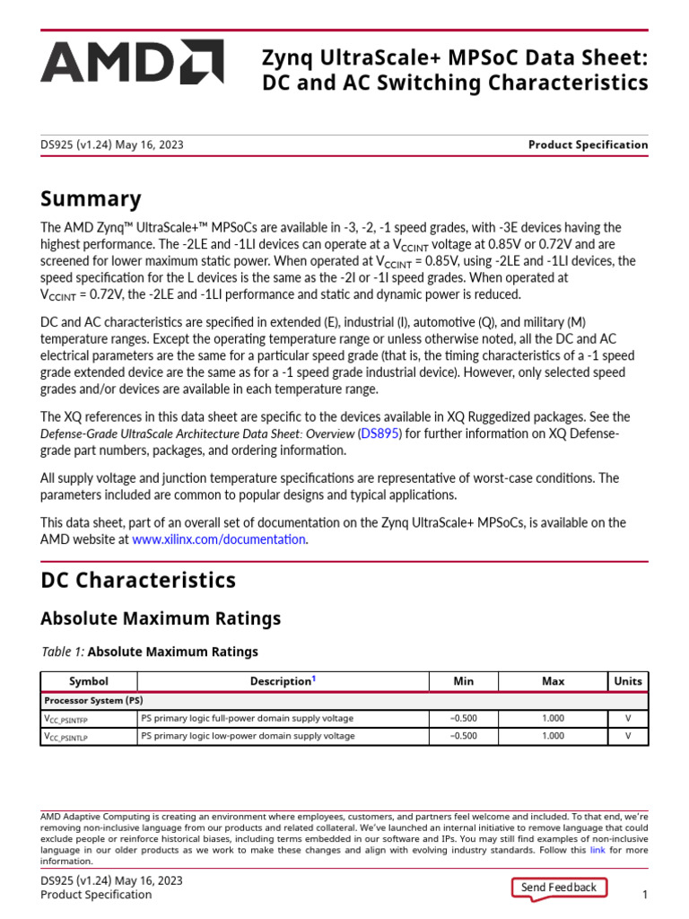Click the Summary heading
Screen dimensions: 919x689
tap(91, 198)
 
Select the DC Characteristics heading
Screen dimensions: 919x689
tap(138, 580)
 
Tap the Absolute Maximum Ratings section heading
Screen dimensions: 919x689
tap(161, 618)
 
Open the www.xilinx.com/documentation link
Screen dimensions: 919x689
tap(219, 539)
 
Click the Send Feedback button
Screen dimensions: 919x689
tap(558, 888)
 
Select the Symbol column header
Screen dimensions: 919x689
tap(88, 681)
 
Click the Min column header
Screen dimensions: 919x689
tap(463, 681)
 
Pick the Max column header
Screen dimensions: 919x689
tap(554, 681)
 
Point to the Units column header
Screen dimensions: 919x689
tap(627, 681)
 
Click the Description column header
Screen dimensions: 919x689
tap(282, 681)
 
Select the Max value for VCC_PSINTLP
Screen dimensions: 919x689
tap(554, 736)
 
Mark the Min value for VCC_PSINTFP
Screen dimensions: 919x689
tap(463, 718)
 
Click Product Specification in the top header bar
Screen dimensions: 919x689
tap(588, 144)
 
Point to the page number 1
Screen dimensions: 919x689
tap(644, 895)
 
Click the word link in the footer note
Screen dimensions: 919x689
tap(597, 849)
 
